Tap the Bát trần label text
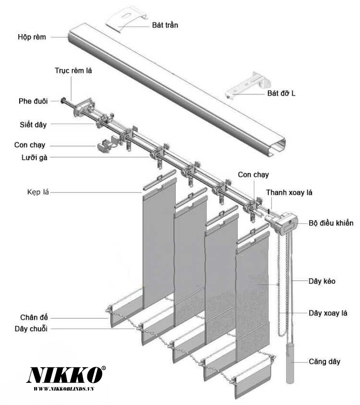click(165, 24)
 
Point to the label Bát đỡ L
click(281, 94)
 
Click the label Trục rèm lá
click(73, 71)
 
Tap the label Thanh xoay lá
click(289, 192)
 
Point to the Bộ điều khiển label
click(331, 223)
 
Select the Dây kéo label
click(322, 281)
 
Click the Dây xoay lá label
click(328, 313)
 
